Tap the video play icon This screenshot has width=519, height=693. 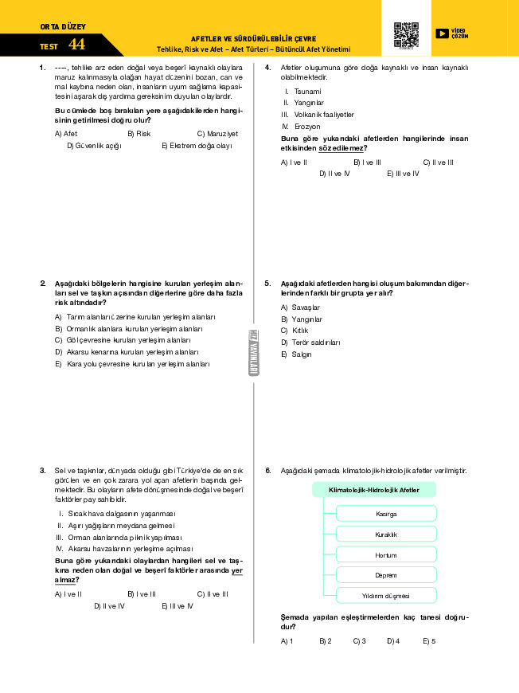click(x=443, y=33)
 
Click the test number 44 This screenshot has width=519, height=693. click(x=76, y=45)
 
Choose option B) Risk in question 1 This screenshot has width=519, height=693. click(x=139, y=134)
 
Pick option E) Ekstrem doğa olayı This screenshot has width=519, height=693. click(x=197, y=146)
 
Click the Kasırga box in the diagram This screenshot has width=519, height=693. click(x=386, y=514)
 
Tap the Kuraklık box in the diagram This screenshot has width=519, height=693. click(x=386, y=534)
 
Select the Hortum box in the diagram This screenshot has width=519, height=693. click(x=386, y=554)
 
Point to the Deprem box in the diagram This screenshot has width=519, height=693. click(x=386, y=575)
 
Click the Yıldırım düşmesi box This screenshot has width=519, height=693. click(x=386, y=596)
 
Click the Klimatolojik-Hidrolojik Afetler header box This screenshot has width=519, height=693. click(x=374, y=490)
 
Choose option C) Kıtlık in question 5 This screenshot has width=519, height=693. click(x=294, y=331)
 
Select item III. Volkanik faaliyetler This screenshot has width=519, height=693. click(x=317, y=115)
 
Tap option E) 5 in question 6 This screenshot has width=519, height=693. click(x=429, y=640)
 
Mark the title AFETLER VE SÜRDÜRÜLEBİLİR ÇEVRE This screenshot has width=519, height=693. click(x=253, y=38)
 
